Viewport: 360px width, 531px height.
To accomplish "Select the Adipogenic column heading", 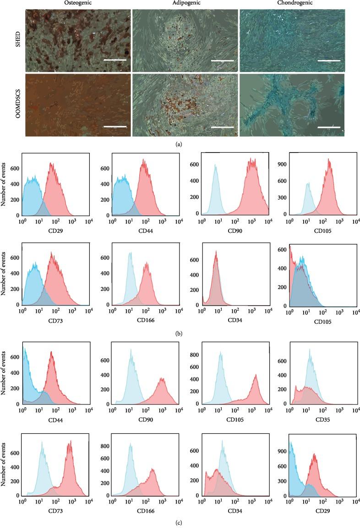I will coord(184,4).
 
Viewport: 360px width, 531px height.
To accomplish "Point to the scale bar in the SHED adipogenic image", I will coord(222,60).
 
